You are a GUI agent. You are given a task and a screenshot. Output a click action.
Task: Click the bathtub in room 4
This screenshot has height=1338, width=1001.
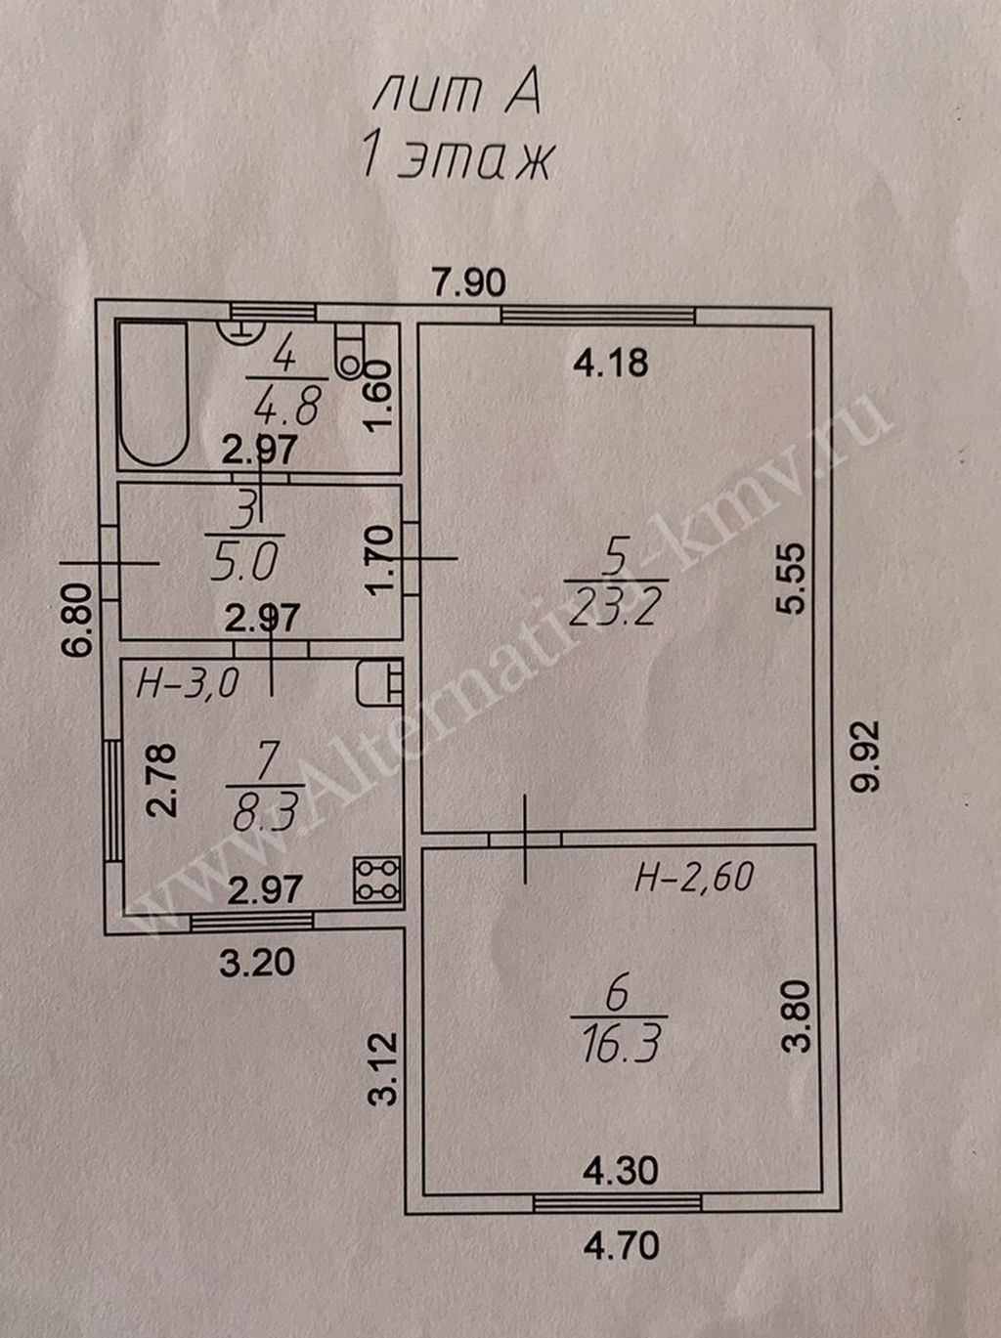tap(152, 394)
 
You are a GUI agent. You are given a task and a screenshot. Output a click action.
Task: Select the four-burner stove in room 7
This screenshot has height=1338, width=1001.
tap(376, 879)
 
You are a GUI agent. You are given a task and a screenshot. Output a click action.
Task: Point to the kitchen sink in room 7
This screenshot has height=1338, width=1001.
tap(380, 682)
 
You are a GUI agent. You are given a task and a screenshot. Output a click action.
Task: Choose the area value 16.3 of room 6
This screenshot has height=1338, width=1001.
tap(620, 1043)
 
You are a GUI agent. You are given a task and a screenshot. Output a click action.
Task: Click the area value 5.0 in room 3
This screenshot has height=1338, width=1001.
tap(243, 563)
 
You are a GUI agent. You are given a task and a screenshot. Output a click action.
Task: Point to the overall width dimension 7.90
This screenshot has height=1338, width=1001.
tap(470, 282)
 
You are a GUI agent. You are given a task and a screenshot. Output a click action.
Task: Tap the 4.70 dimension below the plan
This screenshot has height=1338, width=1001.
tap(621, 1246)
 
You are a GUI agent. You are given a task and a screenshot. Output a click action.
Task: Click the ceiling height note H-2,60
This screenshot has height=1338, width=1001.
tap(694, 877)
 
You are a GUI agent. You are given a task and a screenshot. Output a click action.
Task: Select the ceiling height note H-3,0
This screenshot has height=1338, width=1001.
tap(187, 683)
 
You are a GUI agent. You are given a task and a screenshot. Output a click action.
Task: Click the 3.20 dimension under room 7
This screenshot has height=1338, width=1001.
tap(257, 963)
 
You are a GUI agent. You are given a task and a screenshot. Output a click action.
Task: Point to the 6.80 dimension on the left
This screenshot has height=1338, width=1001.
tap(79, 620)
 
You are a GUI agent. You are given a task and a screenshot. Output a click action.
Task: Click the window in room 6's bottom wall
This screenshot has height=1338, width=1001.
tap(618, 1203)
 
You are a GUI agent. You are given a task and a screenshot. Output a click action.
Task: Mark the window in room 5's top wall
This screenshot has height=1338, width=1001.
tap(597, 316)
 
